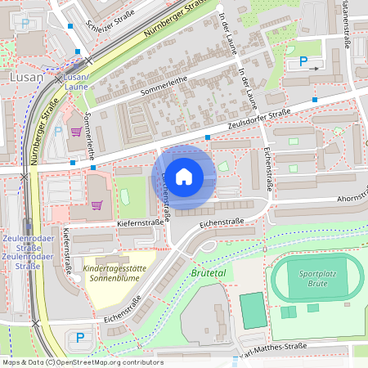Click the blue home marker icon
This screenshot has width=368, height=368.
click(184, 175)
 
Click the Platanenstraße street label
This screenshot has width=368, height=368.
click(347, 25)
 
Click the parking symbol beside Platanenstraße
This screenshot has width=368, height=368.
click(304, 61)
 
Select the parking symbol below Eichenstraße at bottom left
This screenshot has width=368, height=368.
click(80, 337)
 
